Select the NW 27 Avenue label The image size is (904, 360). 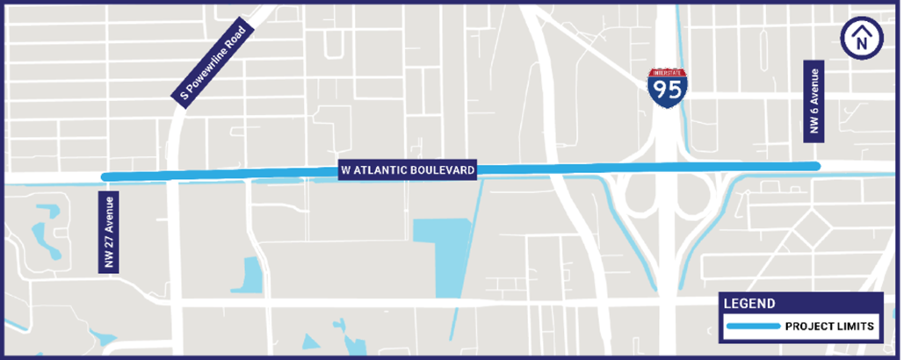click(x=110, y=232)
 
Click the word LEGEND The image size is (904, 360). click(x=749, y=305)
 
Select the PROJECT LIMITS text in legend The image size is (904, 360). click(x=828, y=327)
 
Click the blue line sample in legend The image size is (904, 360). click(x=753, y=327)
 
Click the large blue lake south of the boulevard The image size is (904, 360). click(x=444, y=246)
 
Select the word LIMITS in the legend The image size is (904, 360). click(x=855, y=327)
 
